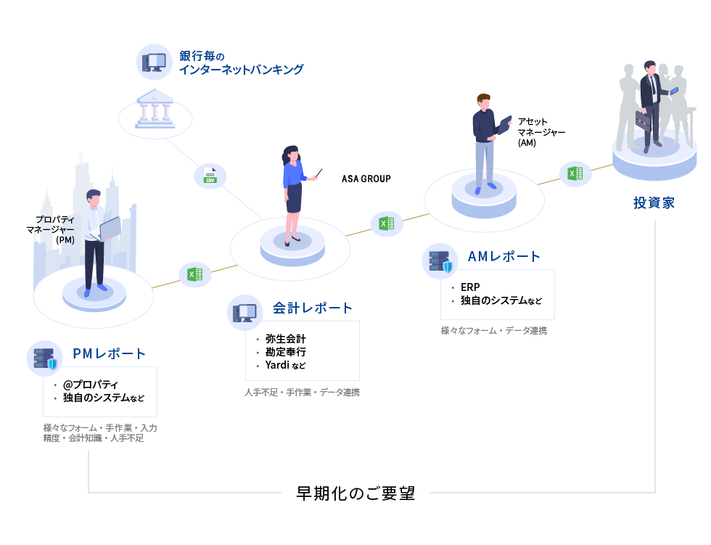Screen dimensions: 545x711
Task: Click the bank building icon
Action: [155, 111]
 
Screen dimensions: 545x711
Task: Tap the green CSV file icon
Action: [210, 176]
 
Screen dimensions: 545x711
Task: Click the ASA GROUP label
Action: [366, 179]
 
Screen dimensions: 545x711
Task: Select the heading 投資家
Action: [654, 203]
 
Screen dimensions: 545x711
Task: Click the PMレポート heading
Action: [110, 354]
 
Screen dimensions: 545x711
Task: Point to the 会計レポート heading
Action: [313, 308]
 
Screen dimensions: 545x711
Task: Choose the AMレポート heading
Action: [504, 256]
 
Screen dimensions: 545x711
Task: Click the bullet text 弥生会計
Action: [286, 339]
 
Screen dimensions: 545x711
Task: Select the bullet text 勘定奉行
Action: [286, 352]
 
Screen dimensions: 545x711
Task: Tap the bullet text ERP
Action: [470, 287]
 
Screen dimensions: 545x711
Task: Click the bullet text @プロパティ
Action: [91, 385]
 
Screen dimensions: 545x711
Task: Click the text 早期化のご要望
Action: [355, 493]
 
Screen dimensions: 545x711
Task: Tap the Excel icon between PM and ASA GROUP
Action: [194, 274]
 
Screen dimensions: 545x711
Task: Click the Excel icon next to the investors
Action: [575, 173]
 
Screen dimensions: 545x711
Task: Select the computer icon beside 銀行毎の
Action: [154, 62]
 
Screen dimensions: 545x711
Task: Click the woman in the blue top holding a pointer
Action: [292, 192]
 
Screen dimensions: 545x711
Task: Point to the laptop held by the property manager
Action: [110, 228]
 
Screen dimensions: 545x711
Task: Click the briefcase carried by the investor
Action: [644, 120]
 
